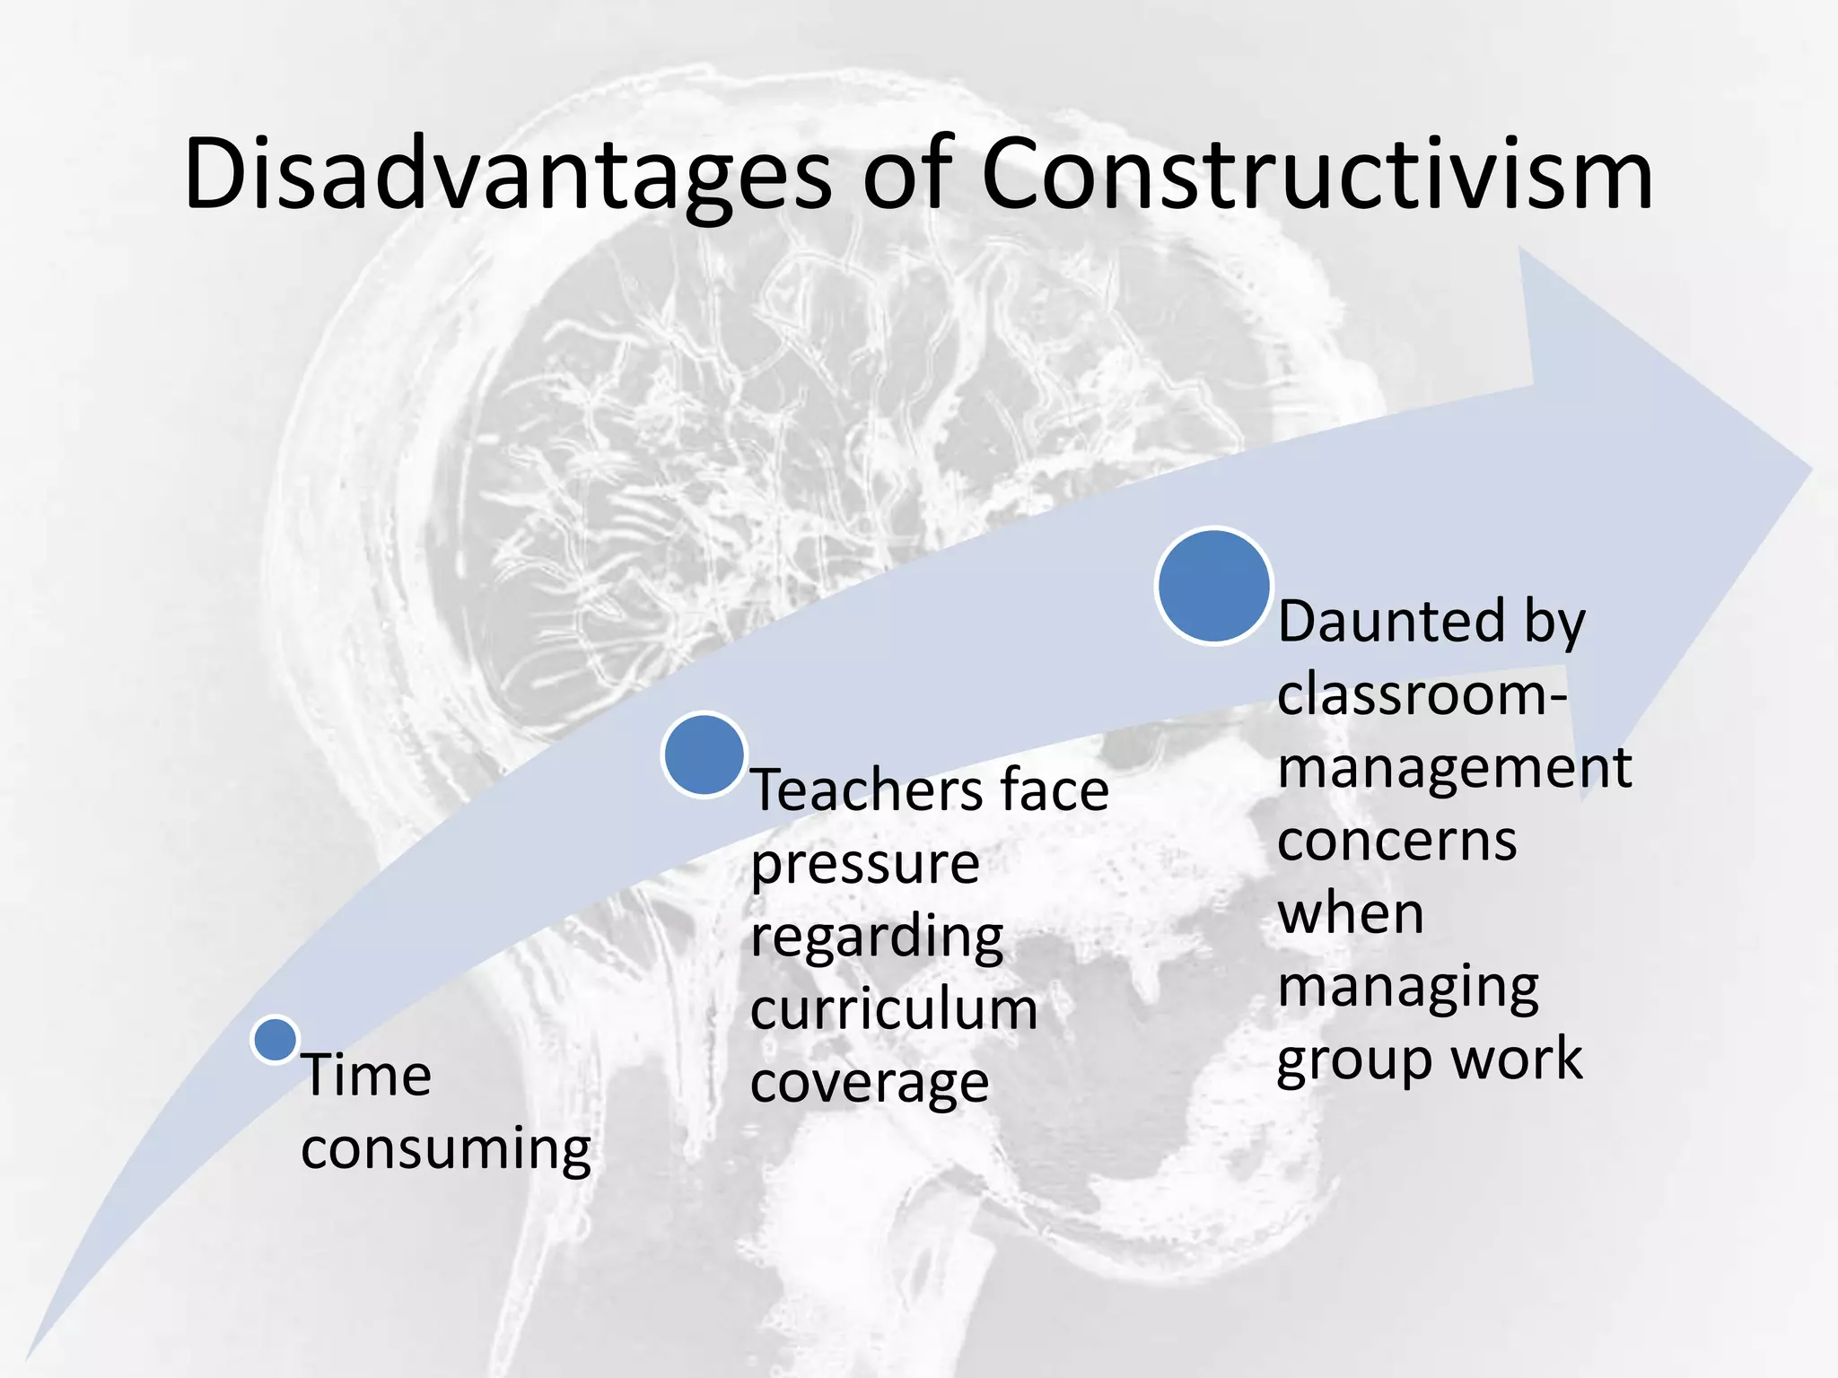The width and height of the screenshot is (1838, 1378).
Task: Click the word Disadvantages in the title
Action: click(507, 175)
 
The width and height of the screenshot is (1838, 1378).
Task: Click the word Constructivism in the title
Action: click(1317, 175)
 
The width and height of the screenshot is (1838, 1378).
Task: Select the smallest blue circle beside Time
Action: click(275, 1040)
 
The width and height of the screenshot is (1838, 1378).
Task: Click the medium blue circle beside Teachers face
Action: click(705, 754)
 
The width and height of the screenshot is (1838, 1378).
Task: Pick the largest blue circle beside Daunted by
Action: click(1213, 586)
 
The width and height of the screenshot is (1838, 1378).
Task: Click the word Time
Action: click(366, 1075)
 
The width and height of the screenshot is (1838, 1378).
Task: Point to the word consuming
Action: click(446, 1150)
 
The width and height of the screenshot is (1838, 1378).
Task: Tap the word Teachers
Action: click(856, 790)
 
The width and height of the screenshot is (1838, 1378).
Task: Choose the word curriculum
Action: click(894, 1010)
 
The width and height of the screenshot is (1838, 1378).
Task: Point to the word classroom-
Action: click(1422, 694)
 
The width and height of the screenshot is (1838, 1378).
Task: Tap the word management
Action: click(1454, 768)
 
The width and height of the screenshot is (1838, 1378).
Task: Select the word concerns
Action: click(1396, 842)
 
